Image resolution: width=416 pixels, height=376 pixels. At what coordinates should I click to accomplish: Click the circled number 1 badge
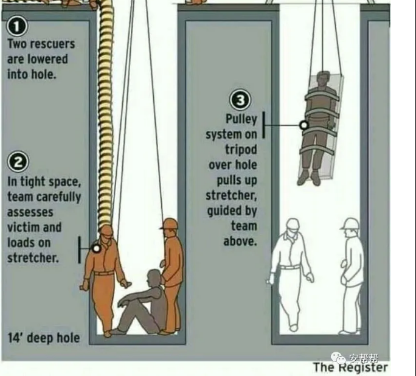(x=17, y=26)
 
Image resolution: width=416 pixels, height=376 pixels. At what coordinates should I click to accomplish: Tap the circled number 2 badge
(x=18, y=162)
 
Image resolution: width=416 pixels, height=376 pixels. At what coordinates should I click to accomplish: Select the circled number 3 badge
(x=240, y=100)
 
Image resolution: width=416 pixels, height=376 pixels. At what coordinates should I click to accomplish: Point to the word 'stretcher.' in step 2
(x=33, y=257)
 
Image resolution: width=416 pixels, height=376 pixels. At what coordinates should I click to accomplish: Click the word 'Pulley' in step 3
(x=241, y=119)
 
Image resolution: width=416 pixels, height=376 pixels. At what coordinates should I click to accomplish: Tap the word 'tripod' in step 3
(x=241, y=150)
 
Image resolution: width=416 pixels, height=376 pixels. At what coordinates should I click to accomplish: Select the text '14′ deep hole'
(x=44, y=338)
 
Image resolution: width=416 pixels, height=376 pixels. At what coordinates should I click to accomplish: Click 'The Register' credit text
(x=350, y=367)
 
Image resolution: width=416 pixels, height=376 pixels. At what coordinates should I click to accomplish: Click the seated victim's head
(x=154, y=278)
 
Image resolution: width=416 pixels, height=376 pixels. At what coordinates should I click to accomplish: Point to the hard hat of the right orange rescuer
(x=169, y=223)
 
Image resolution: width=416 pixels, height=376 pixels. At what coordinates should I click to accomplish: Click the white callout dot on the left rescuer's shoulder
(x=97, y=248)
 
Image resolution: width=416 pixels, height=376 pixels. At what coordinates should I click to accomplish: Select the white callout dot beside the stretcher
(x=304, y=125)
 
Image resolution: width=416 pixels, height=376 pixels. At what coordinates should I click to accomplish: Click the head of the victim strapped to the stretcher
(x=323, y=79)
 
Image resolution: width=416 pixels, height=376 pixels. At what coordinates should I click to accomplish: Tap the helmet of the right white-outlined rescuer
(x=351, y=224)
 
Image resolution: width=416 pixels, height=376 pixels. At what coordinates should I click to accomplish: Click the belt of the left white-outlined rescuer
(x=290, y=267)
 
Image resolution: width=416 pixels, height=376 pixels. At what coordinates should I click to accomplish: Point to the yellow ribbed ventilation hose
(x=106, y=114)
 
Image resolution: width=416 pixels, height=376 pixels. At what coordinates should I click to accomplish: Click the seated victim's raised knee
(x=127, y=298)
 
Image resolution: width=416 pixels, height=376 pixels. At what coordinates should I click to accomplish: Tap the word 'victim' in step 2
(x=21, y=227)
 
